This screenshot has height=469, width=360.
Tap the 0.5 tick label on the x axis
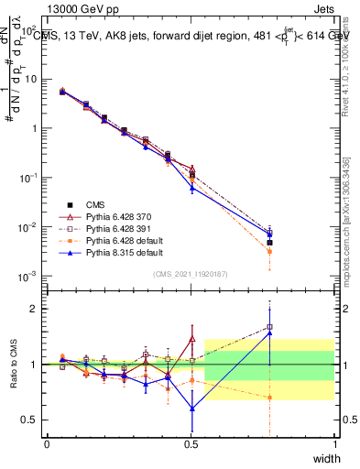click(191, 444)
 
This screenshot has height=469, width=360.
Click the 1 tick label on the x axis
click(335, 444)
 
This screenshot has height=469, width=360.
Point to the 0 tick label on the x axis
click(47, 444)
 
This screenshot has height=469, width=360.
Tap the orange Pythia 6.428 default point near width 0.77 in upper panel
click(269, 251)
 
